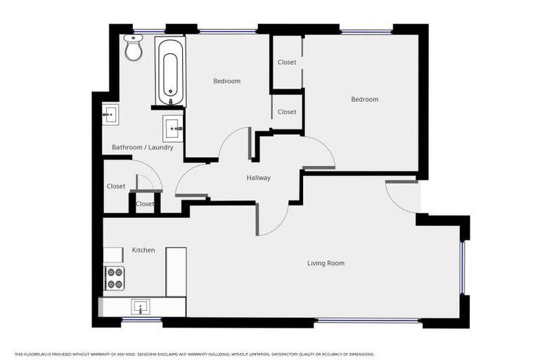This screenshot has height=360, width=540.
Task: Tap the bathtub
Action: [x=171, y=72]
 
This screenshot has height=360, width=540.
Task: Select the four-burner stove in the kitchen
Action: [x=115, y=278]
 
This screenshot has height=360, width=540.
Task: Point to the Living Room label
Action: [x=326, y=264]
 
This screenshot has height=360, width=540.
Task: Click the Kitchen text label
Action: [x=143, y=250]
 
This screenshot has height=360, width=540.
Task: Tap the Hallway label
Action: [x=258, y=178]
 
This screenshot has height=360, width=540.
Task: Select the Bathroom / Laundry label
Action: [x=143, y=148]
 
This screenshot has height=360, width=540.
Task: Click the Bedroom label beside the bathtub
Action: [x=226, y=82]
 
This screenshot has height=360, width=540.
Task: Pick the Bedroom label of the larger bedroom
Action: [x=364, y=100]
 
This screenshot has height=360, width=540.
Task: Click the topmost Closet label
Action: [x=286, y=63]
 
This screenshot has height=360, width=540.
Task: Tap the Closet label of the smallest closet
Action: [x=145, y=204]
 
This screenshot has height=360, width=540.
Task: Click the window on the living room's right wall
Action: [x=463, y=268]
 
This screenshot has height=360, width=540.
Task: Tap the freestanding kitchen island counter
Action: [x=176, y=271]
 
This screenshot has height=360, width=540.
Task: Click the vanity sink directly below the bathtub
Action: [x=173, y=129]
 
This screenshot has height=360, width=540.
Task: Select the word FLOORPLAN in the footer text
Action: [x=32, y=354]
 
